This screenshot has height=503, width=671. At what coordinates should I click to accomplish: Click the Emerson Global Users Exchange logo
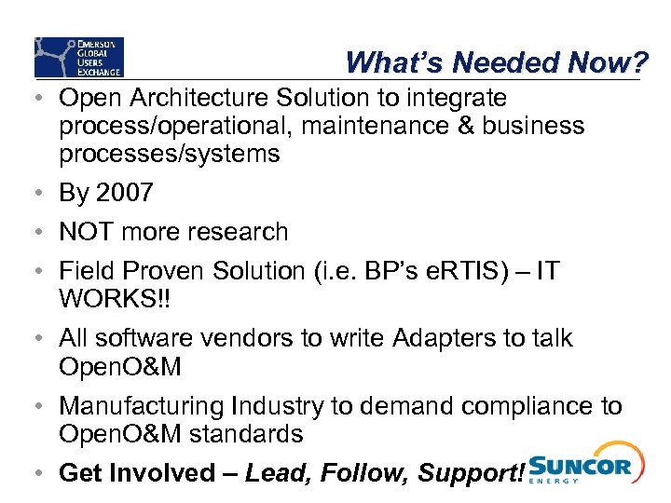coord(78,57)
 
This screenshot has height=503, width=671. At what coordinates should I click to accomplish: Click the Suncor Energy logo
coord(581,463)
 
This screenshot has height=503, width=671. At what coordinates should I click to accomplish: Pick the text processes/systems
coord(169,154)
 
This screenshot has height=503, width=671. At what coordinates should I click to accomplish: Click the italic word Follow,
coord(364,473)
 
